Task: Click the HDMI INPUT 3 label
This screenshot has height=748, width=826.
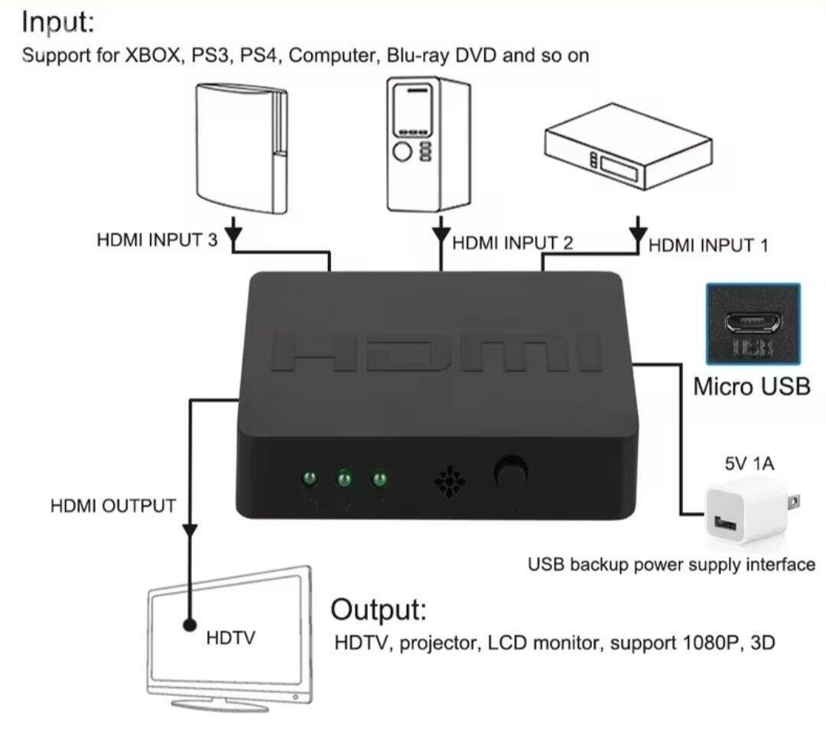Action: (x=157, y=239)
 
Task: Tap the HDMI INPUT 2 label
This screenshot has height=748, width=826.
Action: (x=512, y=243)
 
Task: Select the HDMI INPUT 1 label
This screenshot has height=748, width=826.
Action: (x=708, y=245)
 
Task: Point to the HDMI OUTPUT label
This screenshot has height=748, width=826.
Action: (x=112, y=506)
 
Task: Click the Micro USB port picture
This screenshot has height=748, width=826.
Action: (x=753, y=324)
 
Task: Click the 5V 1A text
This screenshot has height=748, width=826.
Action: (x=750, y=463)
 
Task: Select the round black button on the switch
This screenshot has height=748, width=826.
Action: (x=510, y=470)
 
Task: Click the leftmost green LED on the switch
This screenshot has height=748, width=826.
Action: (x=311, y=480)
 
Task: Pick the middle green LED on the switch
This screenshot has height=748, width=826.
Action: (x=344, y=480)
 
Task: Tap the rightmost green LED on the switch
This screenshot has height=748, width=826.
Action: (x=378, y=480)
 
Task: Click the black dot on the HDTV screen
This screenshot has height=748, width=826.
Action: (x=190, y=626)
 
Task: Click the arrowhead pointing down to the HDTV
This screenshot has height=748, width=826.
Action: (x=190, y=529)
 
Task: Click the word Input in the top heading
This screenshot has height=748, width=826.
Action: (x=57, y=22)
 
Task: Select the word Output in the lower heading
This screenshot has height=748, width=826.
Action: (x=379, y=610)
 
